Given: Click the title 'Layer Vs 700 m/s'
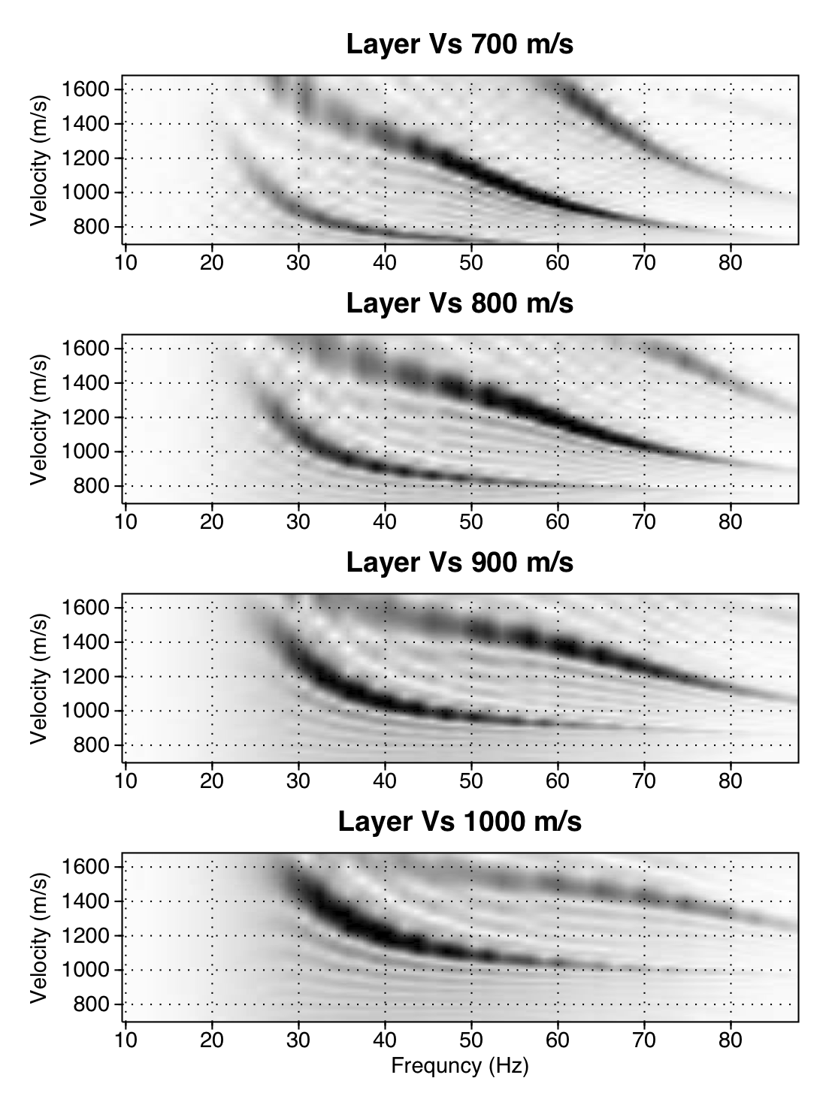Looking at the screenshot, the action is coord(459,44).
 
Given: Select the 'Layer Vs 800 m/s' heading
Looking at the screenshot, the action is coord(459,303).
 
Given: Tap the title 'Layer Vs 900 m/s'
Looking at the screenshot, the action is coord(459,562).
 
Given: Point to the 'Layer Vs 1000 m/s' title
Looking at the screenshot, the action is coord(459,821).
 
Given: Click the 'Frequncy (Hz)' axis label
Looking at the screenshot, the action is coord(459,1065).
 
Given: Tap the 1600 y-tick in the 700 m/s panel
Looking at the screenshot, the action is coord(85,89).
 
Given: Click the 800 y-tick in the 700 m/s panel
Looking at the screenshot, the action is coord(91,227).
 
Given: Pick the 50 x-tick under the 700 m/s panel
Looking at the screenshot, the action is coord(471,262).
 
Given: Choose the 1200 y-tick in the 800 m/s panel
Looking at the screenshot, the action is coord(85,417).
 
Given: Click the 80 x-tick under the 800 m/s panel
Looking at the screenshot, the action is coord(731,521).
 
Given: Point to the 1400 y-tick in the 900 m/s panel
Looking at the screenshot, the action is coord(85,642).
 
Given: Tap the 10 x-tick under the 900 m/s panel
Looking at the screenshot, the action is coord(126,780).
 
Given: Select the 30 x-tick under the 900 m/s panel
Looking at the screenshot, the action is coord(298,780).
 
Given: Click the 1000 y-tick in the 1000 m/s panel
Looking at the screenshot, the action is coord(85,970).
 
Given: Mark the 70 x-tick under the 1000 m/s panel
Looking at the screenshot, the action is coord(644,1039).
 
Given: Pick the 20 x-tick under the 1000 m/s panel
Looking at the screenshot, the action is coord(212,1039).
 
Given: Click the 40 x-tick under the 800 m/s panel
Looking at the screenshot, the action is coord(385,521).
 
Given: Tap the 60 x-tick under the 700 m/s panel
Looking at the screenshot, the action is coord(558,262).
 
